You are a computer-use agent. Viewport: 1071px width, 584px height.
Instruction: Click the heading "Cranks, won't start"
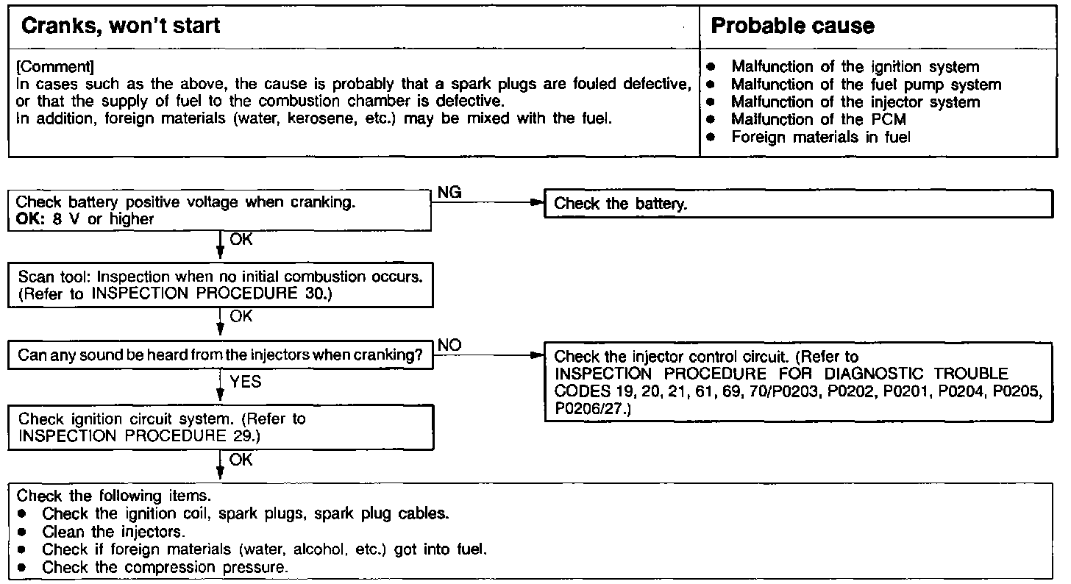pyautogui.click(x=121, y=26)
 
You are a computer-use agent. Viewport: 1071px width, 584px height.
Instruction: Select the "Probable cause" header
pyautogui.click(x=792, y=26)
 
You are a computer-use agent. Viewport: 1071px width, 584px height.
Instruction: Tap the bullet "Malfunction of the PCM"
pyautogui.click(x=818, y=120)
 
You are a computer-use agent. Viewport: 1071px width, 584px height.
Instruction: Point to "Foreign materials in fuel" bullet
pyautogui.click(x=820, y=138)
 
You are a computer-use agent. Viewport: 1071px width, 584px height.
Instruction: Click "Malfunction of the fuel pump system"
pyautogui.click(x=866, y=85)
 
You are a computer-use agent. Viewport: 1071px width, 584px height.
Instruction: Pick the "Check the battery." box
pyautogui.click(x=798, y=204)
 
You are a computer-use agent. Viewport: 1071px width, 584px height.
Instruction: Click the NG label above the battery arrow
pyautogui.click(x=449, y=193)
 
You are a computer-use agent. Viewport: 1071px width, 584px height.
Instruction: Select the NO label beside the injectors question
pyautogui.click(x=449, y=345)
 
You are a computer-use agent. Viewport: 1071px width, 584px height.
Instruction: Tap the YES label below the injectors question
pyautogui.click(x=246, y=382)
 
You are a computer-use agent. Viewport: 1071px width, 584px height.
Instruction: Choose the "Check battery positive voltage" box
pyautogui.click(x=220, y=210)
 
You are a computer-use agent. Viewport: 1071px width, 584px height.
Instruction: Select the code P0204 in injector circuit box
pyautogui.click(x=959, y=392)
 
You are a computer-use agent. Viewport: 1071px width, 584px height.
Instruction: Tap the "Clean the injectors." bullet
pyautogui.click(x=113, y=531)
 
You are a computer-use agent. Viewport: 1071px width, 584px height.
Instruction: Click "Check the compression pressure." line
pyautogui.click(x=165, y=567)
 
